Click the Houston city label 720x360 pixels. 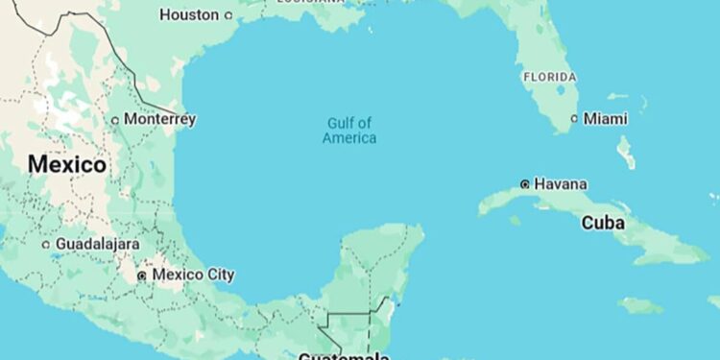188,14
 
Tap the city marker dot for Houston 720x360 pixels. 228,15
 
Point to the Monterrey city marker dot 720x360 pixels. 115,120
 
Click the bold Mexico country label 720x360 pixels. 66,164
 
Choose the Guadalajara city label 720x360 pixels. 97,244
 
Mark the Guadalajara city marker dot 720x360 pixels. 45,245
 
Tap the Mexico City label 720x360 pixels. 193,275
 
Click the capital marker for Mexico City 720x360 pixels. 142,276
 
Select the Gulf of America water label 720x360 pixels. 349,131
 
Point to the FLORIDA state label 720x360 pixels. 549,77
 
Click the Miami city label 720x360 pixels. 606,119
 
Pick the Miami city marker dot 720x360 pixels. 575,119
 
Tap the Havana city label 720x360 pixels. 561,183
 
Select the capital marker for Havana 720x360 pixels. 525,183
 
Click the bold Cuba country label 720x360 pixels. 603,223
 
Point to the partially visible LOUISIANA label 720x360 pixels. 309,2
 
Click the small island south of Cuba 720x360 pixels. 639,305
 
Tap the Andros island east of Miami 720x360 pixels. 626,151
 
